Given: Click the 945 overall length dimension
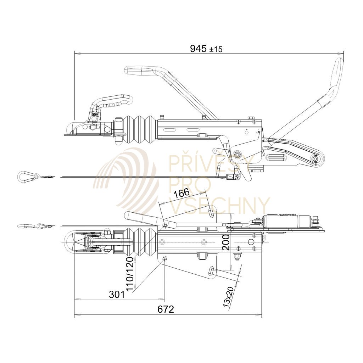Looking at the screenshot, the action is pyautogui.click(x=198, y=49).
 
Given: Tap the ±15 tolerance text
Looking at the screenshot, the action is pyautogui.click(x=216, y=50).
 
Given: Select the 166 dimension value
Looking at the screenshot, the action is pyautogui.click(x=182, y=194).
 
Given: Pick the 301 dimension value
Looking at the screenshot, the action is pyautogui.click(x=117, y=294).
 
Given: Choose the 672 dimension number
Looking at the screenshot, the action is pyautogui.click(x=166, y=309).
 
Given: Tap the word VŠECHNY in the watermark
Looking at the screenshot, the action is pyautogui.click(x=220, y=206).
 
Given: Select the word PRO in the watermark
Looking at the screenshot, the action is pyautogui.click(x=190, y=184).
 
